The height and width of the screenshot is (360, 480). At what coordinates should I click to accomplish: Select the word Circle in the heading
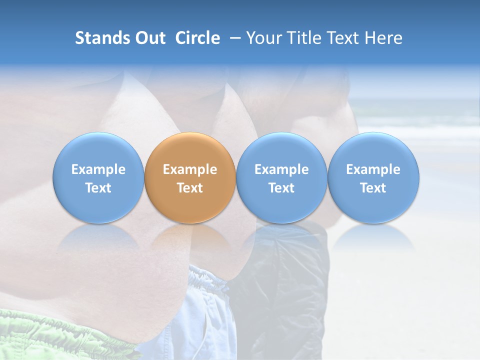pos(197,38)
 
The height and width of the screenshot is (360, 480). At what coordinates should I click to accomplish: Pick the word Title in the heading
pos(304,38)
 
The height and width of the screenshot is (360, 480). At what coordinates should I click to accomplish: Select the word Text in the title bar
pos(345,38)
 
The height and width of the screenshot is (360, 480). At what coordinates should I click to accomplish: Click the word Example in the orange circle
pos(190,169)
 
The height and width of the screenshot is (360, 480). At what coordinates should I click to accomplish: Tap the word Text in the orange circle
pos(190,188)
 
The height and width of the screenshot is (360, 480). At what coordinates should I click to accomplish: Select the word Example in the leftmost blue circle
pos(98,169)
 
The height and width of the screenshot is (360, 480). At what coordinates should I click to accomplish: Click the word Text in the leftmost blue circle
pos(98,188)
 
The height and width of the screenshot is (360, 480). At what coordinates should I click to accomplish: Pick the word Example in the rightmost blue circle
pos(373,169)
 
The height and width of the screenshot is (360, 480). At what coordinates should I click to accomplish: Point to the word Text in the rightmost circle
pos(373,188)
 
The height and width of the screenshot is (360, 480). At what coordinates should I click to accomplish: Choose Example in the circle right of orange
pos(281,169)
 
